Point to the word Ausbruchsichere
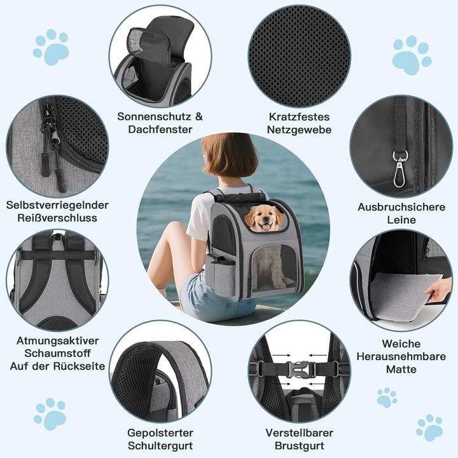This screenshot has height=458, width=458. point(401,207)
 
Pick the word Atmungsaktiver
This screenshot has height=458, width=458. point(57,340)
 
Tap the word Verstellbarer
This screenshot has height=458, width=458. point(299,433)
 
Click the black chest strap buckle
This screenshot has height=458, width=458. point(298,369)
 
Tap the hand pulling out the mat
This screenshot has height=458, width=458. point(440,289)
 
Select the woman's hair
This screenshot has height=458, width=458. point(229,156)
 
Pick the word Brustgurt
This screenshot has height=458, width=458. point(299,446)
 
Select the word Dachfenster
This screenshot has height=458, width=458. point(160,129)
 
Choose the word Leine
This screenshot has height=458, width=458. point(401,220)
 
